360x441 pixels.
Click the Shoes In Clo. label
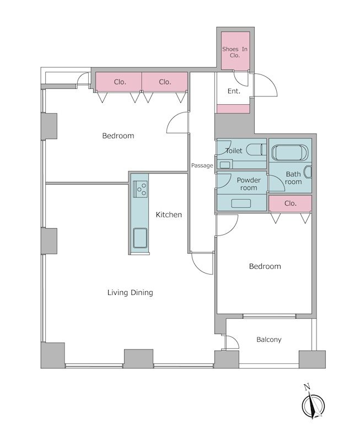coord(235,52)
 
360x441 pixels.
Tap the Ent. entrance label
coord(234,91)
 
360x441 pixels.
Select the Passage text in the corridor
coord(202,166)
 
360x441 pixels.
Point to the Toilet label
coord(234,150)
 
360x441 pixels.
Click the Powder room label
coord(249,184)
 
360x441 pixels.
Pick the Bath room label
coord(293,178)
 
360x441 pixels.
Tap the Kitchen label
coord(169,215)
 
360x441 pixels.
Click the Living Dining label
coord(130,293)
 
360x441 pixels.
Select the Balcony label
coord(269,340)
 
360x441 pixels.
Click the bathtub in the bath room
coord(289,153)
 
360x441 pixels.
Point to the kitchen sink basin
coord(140,238)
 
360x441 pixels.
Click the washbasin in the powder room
coord(241,203)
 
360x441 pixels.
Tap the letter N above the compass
coord(307,388)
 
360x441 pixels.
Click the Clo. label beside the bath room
coord(290,203)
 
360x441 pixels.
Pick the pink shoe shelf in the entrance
coord(233,109)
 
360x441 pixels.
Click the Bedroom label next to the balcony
coord(265,266)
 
